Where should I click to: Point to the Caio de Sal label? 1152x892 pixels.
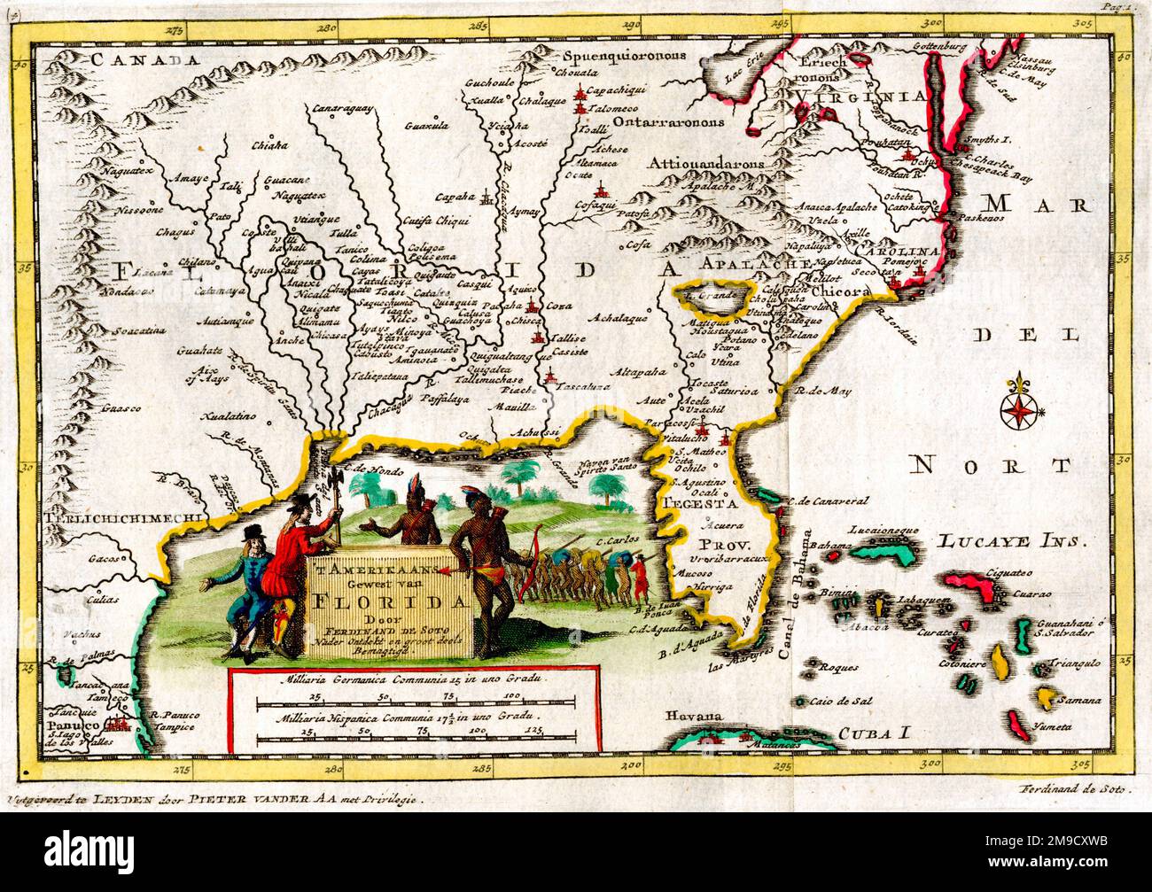(x=837, y=702)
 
